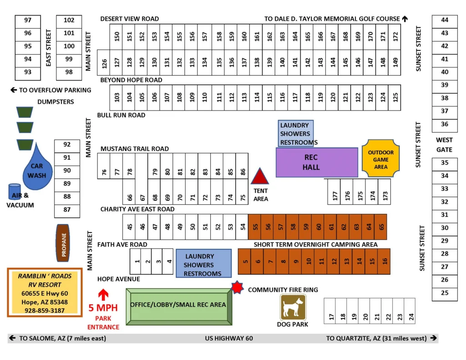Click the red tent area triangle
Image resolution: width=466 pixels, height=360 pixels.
[260, 176]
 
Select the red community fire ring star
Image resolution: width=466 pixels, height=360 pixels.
[237, 288]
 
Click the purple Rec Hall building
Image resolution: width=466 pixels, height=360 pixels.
[317, 162]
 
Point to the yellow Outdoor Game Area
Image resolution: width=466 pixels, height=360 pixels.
[380, 159]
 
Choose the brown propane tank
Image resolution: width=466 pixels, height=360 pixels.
[64, 243]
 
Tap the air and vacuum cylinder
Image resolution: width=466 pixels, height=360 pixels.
[15, 192]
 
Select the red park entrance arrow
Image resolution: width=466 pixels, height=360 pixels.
[103, 294]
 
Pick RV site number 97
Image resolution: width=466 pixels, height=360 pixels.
[28, 20]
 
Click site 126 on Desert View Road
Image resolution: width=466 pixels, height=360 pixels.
[104, 62]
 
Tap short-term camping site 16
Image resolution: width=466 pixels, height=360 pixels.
[384, 261]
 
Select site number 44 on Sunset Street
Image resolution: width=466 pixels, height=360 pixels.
[445, 20]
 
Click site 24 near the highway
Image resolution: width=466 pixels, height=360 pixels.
[410, 317]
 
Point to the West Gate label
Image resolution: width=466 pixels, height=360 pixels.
[444, 145]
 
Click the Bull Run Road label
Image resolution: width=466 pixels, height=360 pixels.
[121, 115]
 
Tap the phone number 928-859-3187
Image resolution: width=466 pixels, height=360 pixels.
[44, 310]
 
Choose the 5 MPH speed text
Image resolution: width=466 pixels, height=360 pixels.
[103, 308]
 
